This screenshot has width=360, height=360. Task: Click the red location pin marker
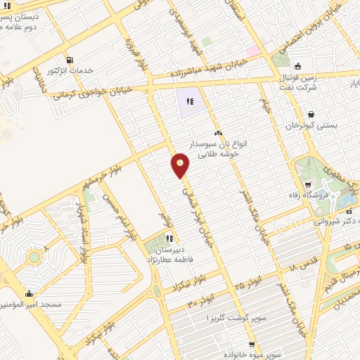(181, 165)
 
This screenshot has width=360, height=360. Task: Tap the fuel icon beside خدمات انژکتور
(69, 60)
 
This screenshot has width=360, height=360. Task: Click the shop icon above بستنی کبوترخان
(311, 114)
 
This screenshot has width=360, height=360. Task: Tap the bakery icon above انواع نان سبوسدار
(219, 133)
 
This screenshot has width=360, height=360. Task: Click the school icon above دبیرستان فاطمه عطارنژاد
(169, 238)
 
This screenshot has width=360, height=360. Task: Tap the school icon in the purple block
(189, 103)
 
